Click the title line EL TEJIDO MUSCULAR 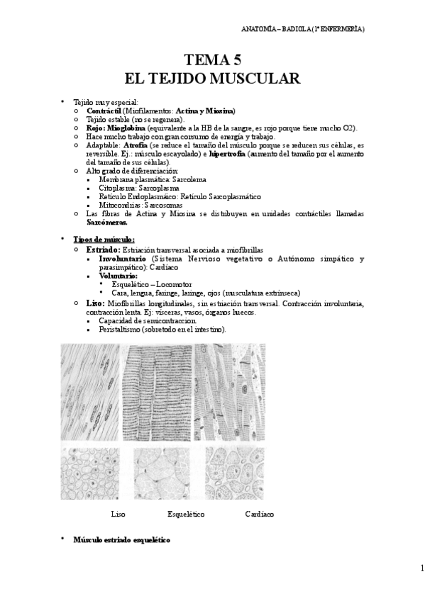tap(212, 77)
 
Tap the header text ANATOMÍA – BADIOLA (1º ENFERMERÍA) tap(304, 29)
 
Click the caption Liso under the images tap(118, 514)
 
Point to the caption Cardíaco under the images tap(259, 514)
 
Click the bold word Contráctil tap(104, 111)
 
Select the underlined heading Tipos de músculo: tap(104, 239)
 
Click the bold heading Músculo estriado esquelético tap(122, 539)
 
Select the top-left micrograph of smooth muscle tap(92, 393)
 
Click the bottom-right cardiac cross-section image tap(235, 471)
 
